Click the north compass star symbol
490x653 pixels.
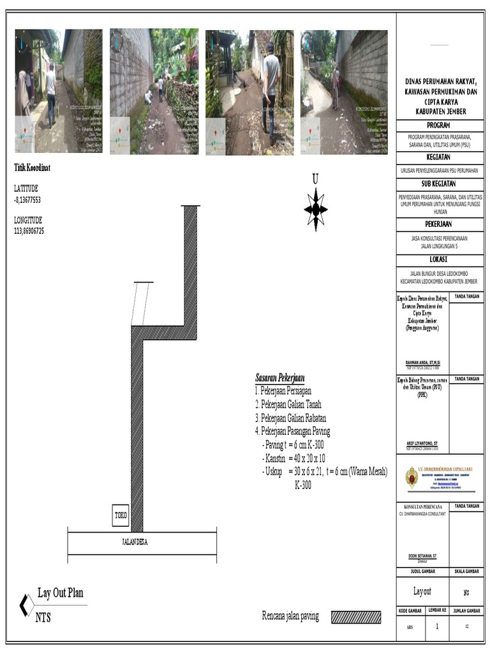pyautogui.click(x=316, y=209)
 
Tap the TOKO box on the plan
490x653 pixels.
pyautogui.click(x=121, y=515)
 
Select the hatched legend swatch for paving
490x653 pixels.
pyautogui.click(x=356, y=617)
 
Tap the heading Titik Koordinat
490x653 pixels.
pyautogui.click(x=33, y=168)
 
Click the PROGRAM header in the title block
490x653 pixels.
pyautogui.click(x=439, y=126)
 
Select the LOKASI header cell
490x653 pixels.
pyautogui.click(x=439, y=260)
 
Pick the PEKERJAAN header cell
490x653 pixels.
pyautogui.click(x=439, y=224)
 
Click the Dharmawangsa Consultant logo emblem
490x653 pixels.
pyautogui.click(x=412, y=477)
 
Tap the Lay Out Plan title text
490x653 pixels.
pyautogui.click(x=61, y=593)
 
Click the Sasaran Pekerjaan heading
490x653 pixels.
pyautogui.click(x=279, y=378)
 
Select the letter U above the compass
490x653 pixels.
pyautogui.click(x=315, y=180)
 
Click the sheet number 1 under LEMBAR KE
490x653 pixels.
pyautogui.click(x=437, y=627)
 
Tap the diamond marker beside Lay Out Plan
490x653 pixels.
pyautogui.click(x=27, y=605)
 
